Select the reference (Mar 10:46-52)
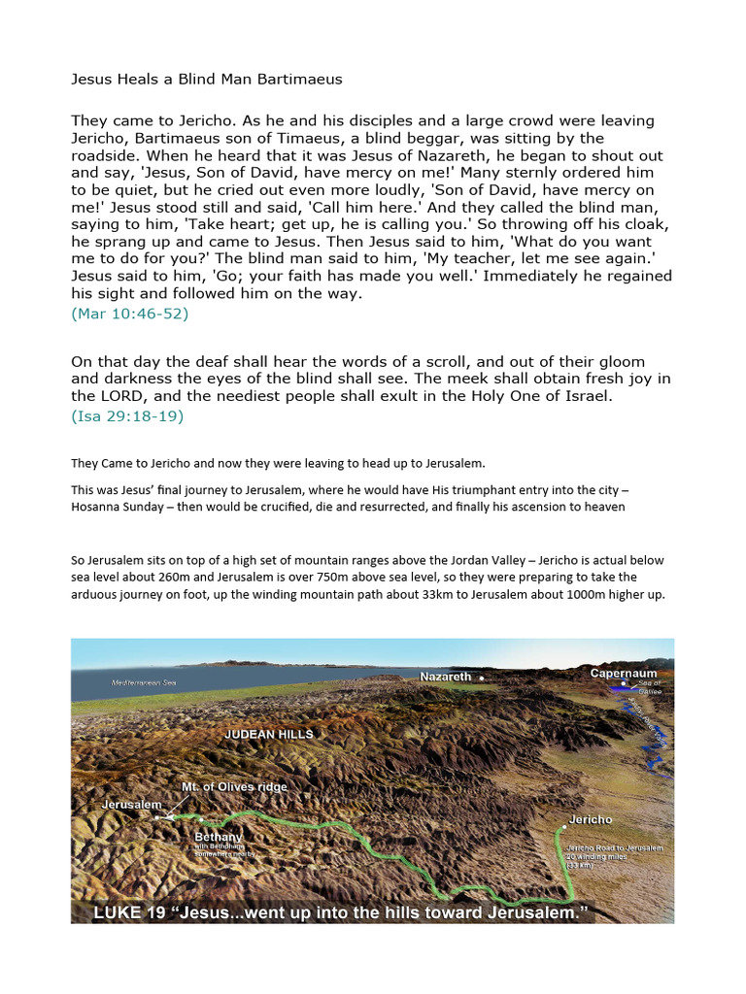pyautogui.click(x=129, y=314)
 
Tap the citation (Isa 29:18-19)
pyautogui.click(x=127, y=415)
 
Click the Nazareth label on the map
pyautogui.click(x=445, y=677)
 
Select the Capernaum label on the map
pyautogui.click(x=623, y=673)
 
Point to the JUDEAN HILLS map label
pyautogui.click(x=269, y=734)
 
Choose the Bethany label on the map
pyautogui.click(x=219, y=836)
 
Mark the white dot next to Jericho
pyautogui.click(x=562, y=829)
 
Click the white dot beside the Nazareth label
pyautogui.click(x=481, y=677)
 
